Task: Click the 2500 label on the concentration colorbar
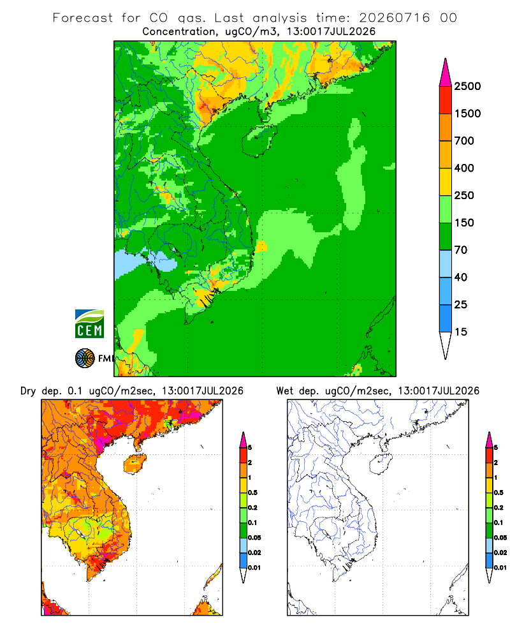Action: tap(467, 86)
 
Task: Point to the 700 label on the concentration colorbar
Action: tap(464, 141)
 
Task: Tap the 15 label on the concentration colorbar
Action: tap(461, 332)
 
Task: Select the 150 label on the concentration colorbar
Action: tap(464, 223)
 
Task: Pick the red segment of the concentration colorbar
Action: tap(446, 100)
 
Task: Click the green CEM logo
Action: tap(89, 324)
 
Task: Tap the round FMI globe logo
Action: tap(85, 359)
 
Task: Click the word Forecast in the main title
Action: tap(83, 18)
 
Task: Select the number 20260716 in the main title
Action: tap(394, 18)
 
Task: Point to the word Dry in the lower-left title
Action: tap(28, 391)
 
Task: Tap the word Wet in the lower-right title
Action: tap(284, 391)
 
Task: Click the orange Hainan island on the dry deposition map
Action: tap(135, 464)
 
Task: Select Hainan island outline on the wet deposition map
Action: tap(381, 464)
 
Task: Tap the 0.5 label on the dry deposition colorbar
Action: tap(252, 493)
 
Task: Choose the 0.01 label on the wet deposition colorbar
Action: tap(500, 568)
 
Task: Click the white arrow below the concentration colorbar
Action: tap(446, 345)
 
